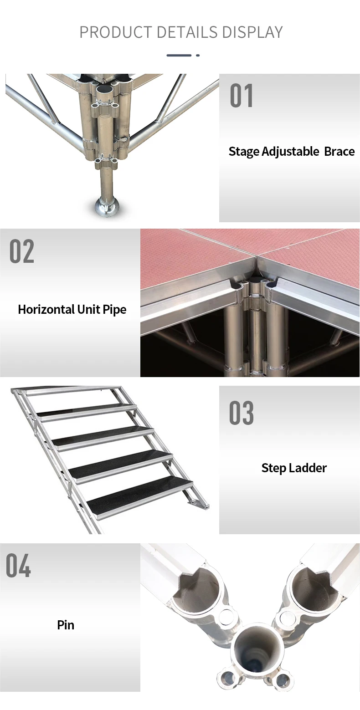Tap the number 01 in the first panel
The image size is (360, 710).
pyautogui.click(x=242, y=95)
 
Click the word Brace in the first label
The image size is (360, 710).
pyautogui.click(x=339, y=152)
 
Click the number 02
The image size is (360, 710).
pyautogui.click(x=21, y=251)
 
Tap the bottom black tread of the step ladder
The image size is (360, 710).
pyautogui.click(x=139, y=494)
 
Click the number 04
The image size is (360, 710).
pyautogui.click(x=18, y=566)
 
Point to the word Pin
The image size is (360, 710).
pyautogui.click(x=66, y=625)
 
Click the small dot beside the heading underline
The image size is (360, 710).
pyautogui.click(x=198, y=55)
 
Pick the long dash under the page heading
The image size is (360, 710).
pyautogui.click(x=179, y=55)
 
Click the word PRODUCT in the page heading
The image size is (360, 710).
pyautogui.click(x=116, y=32)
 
